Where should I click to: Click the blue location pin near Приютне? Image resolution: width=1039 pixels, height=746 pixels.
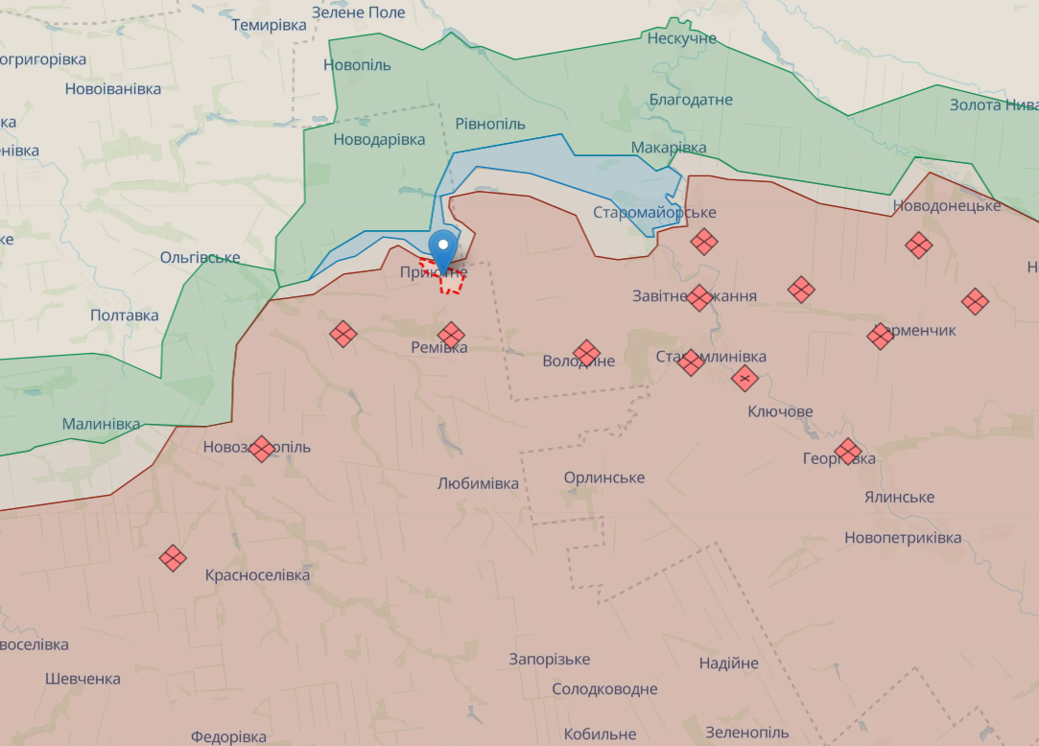tap(443, 248)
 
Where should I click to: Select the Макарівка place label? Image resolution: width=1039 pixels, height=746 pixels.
tap(669, 148)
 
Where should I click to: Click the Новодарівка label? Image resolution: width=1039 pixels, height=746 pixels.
tap(379, 139)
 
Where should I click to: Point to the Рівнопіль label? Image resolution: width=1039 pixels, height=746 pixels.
tap(490, 124)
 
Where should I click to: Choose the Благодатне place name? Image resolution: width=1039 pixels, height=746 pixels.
tap(691, 100)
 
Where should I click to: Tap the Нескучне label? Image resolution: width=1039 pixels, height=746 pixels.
tap(682, 38)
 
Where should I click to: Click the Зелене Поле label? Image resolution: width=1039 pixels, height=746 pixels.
tap(359, 12)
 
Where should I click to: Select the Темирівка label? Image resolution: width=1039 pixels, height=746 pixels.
tap(269, 25)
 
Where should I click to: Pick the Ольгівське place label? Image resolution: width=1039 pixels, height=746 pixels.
tap(200, 257)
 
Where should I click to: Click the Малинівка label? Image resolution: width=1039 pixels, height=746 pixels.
tap(101, 423)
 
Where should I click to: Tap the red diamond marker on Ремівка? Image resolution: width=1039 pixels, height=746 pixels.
tap(451, 335)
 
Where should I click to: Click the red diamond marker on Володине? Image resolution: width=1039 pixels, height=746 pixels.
tap(586, 353)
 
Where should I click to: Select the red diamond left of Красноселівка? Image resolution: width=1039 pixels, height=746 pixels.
tap(173, 558)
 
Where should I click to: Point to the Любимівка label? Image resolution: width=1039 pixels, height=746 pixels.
tap(478, 483)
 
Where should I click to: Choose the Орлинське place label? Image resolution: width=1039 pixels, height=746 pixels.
tap(604, 478)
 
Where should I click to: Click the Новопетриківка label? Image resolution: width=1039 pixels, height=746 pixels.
tap(903, 537)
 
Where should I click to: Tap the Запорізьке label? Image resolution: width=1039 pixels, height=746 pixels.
tap(550, 659)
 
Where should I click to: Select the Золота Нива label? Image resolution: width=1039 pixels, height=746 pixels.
tap(993, 105)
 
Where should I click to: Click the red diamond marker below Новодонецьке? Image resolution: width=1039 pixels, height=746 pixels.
tap(919, 245)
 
